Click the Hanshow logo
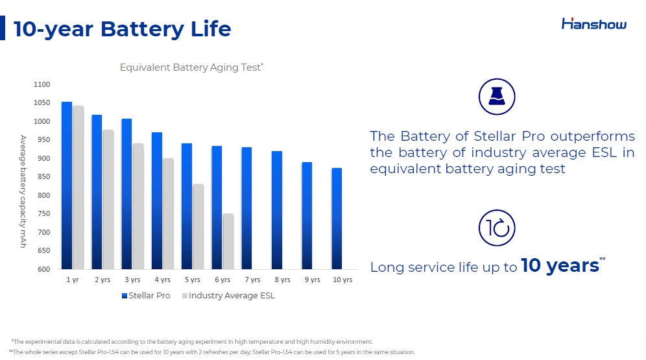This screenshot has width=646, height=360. click(x=593, y=24)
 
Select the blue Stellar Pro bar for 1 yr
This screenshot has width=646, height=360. click(x=67, y=186)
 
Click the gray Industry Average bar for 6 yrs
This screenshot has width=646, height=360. click(x=228, y=241)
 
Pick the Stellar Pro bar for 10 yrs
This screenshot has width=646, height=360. click(x=337, y=219)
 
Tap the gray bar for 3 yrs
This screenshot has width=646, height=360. click(x=138, y=206)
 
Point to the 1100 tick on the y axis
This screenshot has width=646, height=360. click(x=42, y=84)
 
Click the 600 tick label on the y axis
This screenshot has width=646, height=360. click(x=43, y=269)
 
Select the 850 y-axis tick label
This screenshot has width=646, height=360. click(x=43, y=176)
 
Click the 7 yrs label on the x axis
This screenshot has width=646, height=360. click(x=252, y=280)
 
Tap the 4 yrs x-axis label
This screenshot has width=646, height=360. click(x=162, y=280)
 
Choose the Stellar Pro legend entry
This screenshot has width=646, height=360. click(x=146, y=295)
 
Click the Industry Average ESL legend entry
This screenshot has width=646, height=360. click(x=229, y=295)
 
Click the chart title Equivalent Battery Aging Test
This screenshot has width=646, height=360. click(x=191, y=67)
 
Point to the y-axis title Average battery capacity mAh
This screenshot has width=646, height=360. click(x=23, y=191)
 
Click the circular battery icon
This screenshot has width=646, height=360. click(x=497, y=97)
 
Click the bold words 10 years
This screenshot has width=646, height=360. click(x=560, y=266)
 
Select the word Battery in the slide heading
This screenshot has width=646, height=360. click(x=142, y=29)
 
